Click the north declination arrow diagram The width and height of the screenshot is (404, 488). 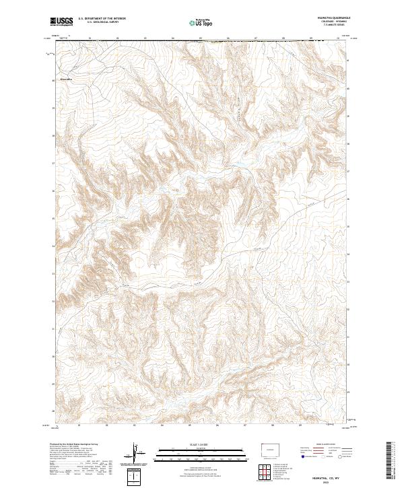[x=140, y=454]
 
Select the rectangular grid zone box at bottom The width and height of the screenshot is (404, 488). [x=135, y=477]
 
